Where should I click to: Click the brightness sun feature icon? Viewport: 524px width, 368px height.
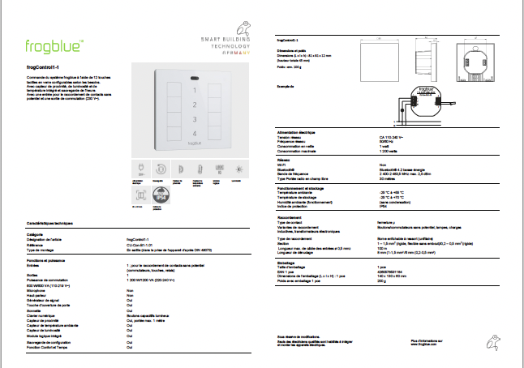pyautogui.click(x=238, y=168)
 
